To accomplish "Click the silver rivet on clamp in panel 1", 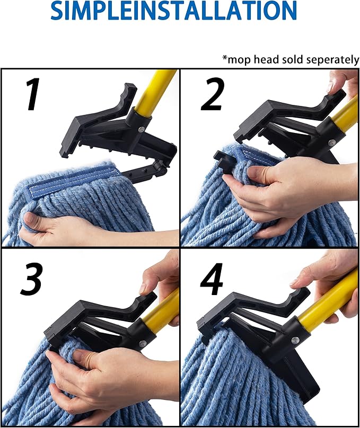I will pyautogui.click(x=141, y=128).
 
